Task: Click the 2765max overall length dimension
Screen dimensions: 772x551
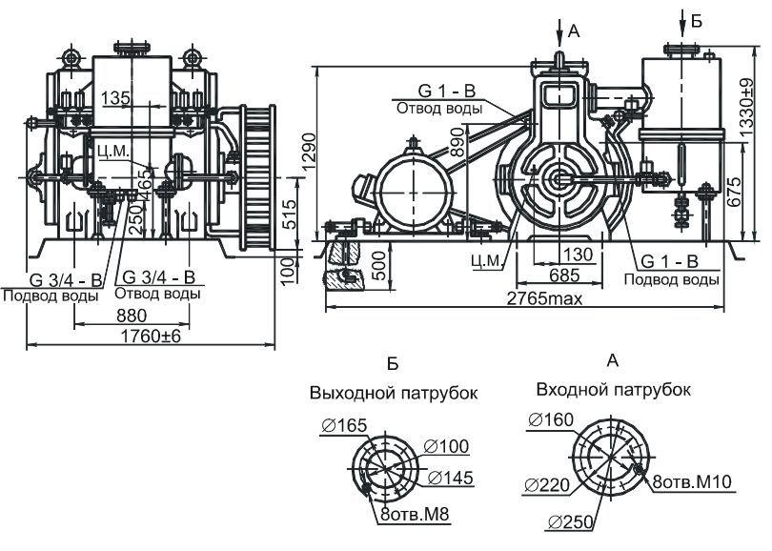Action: [544, 298]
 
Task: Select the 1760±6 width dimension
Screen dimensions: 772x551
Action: [152, 337]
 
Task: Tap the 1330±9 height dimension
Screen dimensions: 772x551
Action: [746, 108]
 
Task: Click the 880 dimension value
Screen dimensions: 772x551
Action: [132, 316]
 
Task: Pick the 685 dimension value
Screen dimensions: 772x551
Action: [564, 275]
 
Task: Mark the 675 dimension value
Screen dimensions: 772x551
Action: [734, 192]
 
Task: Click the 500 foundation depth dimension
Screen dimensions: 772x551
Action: [379, 266]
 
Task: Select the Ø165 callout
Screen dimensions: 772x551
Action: [344, 425]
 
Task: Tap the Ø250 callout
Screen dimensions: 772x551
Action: [570, 522]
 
